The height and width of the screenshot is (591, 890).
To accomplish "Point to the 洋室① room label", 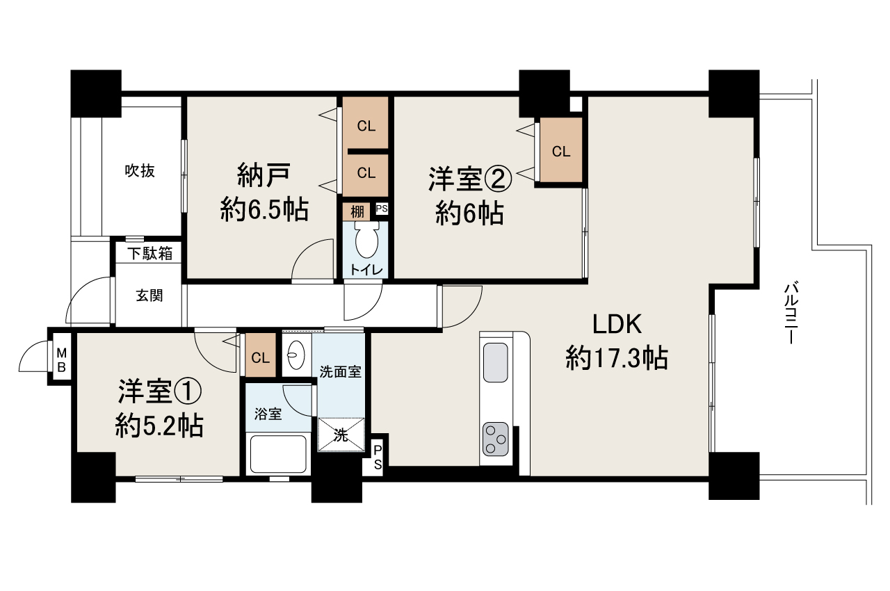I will pos(159,392).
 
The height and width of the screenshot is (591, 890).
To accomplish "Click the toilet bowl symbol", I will pos(366,243).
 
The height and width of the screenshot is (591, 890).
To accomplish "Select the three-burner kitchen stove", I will pos(496,439).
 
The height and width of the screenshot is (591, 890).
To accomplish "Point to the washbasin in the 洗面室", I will pos(295,355).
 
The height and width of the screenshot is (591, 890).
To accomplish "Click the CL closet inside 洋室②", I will pos(561,152).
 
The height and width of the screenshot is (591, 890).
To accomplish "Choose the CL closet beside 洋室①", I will pos(261,358).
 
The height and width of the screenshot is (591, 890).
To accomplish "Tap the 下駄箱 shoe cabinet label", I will pos(149,254).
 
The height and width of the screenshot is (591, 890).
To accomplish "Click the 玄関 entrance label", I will pos(149,295).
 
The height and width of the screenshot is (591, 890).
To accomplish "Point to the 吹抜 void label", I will pos(140,170).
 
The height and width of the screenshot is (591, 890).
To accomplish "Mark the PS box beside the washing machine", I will pos(378,457).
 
